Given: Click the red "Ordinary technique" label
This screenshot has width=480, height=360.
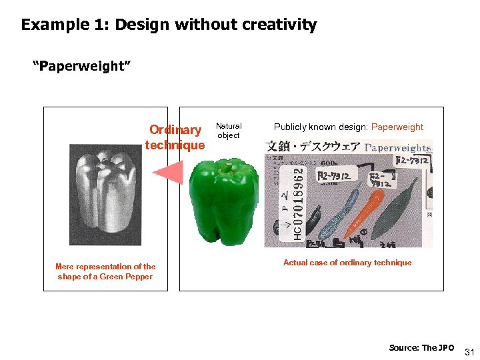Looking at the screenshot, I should pos(175,137).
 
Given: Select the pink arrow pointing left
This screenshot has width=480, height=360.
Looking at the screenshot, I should pos(168,173).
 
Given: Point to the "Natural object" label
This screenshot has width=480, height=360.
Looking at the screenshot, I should pos(229,130).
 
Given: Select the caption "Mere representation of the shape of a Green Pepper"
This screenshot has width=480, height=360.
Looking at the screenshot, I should pos(105,271).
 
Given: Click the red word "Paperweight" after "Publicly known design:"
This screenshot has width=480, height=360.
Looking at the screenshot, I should pos(397,127).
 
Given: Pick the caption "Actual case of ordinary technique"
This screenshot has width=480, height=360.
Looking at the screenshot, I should pos(347,263).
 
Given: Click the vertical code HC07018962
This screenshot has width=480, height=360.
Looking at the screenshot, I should pos(297,201).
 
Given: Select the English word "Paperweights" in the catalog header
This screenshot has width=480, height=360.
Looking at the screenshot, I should pos(398,147).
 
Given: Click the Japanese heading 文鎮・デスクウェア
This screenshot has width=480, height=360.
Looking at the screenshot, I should pos(313,147).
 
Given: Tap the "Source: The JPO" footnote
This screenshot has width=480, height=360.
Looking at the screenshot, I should pos(421,348).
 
